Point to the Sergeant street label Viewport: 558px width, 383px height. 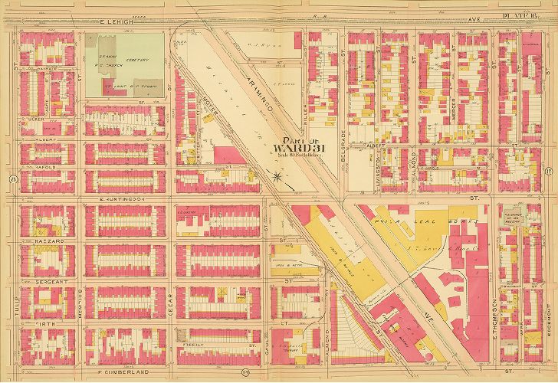click(48, 282)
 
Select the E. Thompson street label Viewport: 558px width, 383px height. click(491, 310)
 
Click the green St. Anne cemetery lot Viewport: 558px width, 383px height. click(123, 65)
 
